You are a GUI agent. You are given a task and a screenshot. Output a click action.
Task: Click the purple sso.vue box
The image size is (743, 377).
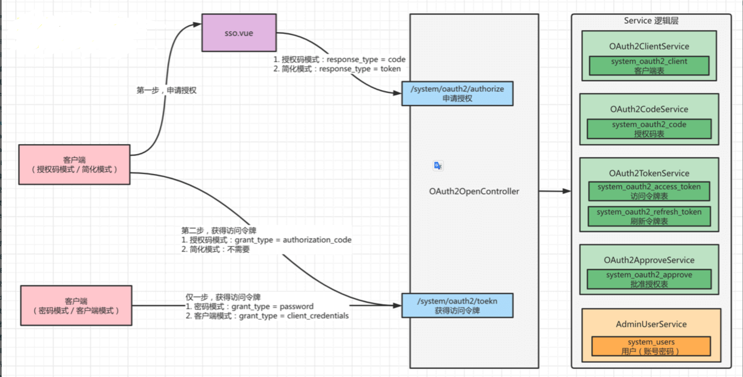pyautogui.click(x=239, y=33)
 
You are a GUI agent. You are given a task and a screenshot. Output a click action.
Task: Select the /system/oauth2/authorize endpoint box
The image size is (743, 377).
pyautogui.click(x=457, y=94)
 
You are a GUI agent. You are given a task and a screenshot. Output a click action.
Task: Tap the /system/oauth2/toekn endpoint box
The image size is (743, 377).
pyautogui.click(x=457, y=306)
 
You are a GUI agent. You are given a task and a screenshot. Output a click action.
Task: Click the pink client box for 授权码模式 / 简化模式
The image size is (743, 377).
pyautogui.click(x=74, y=164)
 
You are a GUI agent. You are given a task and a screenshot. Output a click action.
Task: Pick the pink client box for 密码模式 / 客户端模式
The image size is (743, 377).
pyautogui.click(x=76, y=305)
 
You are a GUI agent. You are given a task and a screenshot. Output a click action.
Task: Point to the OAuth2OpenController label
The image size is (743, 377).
pyautogui.click(x=474, y=191)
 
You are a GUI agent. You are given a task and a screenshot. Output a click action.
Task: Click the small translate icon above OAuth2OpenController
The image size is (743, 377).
pyautogui.click(x=438, y=166)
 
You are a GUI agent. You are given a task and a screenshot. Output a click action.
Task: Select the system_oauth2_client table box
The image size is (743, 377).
pyautogui.click(x=649, y=66)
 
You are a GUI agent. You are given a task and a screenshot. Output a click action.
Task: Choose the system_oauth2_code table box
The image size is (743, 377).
pyautogui.click(x=649, y=129)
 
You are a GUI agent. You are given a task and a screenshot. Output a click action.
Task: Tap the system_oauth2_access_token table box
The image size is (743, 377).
pyautogui.click(x=649, y=191)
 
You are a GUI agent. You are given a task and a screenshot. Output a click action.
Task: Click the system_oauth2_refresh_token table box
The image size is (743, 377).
pyautogui.click(x=649, y=216)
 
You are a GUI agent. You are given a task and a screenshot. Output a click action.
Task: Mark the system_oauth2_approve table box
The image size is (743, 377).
pyautogui.click(x=649, y=279)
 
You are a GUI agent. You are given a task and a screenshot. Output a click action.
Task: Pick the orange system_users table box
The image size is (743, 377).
pyautogui.click(x=651, y=346)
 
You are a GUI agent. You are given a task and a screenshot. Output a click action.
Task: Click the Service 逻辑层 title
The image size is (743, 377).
pyautogui.click(x=651, y=21)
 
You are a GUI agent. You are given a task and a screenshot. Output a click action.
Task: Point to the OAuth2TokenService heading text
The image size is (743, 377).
pyautogui.click(x=649, y=173)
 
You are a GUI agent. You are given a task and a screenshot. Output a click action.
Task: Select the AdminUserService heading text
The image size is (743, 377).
pyautogui.click(x=651, y=324)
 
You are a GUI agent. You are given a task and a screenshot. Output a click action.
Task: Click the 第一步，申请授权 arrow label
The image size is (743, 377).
pyautogui.click(x=166, y=90)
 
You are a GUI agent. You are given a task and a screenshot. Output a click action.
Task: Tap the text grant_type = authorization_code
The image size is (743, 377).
pyautogui.click(x=293, y=240)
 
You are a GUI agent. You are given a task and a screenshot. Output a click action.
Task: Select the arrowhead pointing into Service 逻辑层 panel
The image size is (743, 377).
pyautogui.click(x=567, y=191)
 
